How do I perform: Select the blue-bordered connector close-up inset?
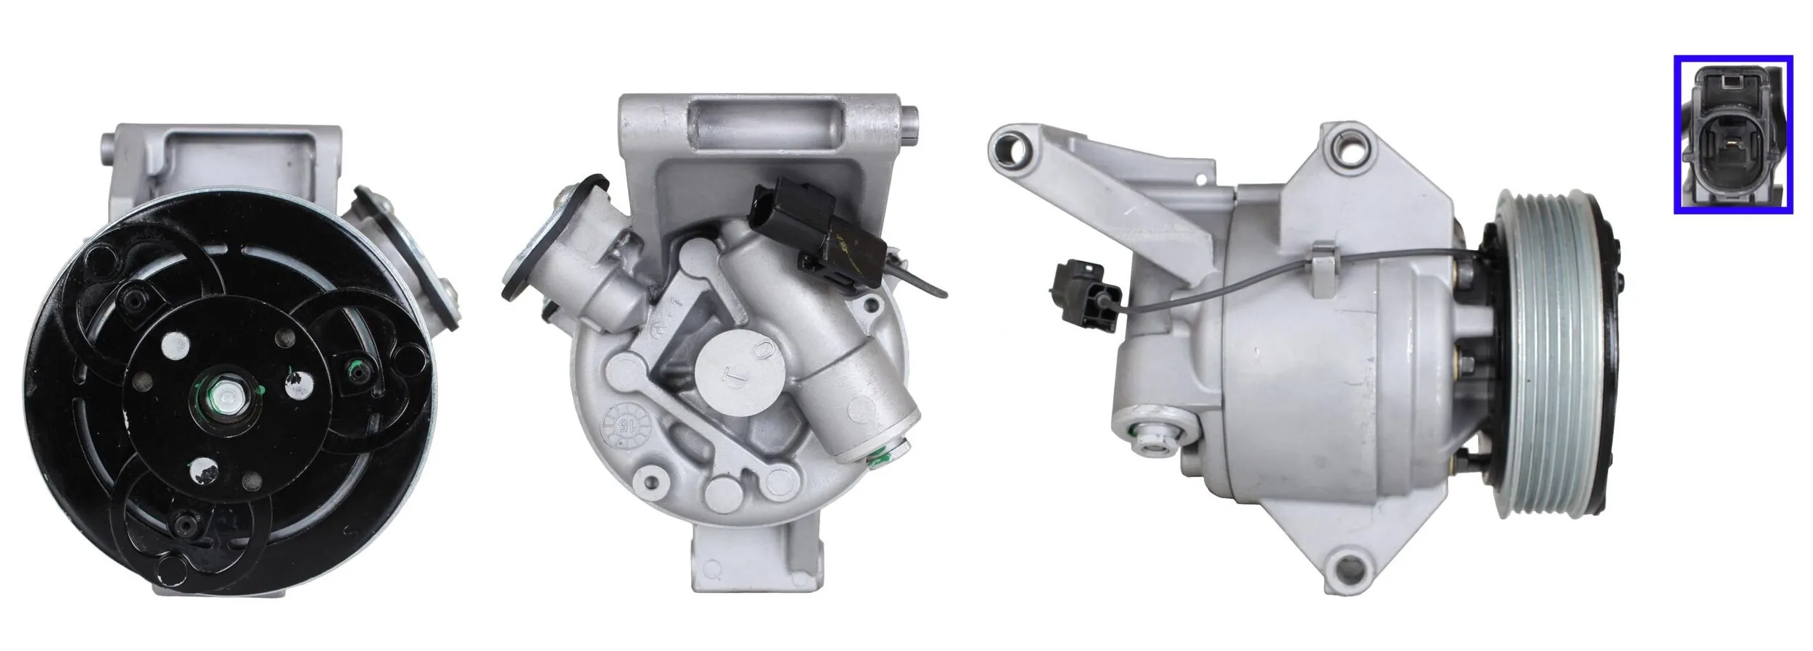1732,135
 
